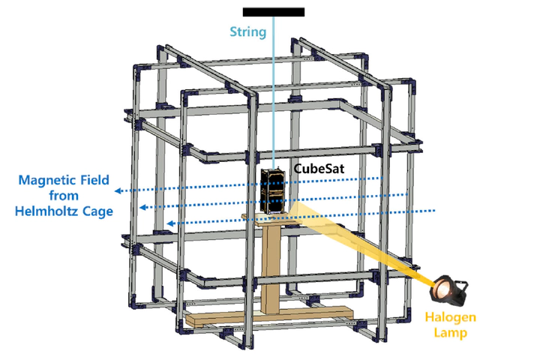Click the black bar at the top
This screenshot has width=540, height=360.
(x=274, y=11)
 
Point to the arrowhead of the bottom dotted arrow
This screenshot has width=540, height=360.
(x=171, y=223)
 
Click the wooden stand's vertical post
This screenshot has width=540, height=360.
(x=271, y=262)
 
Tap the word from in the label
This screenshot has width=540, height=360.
(x=64, y=196)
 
